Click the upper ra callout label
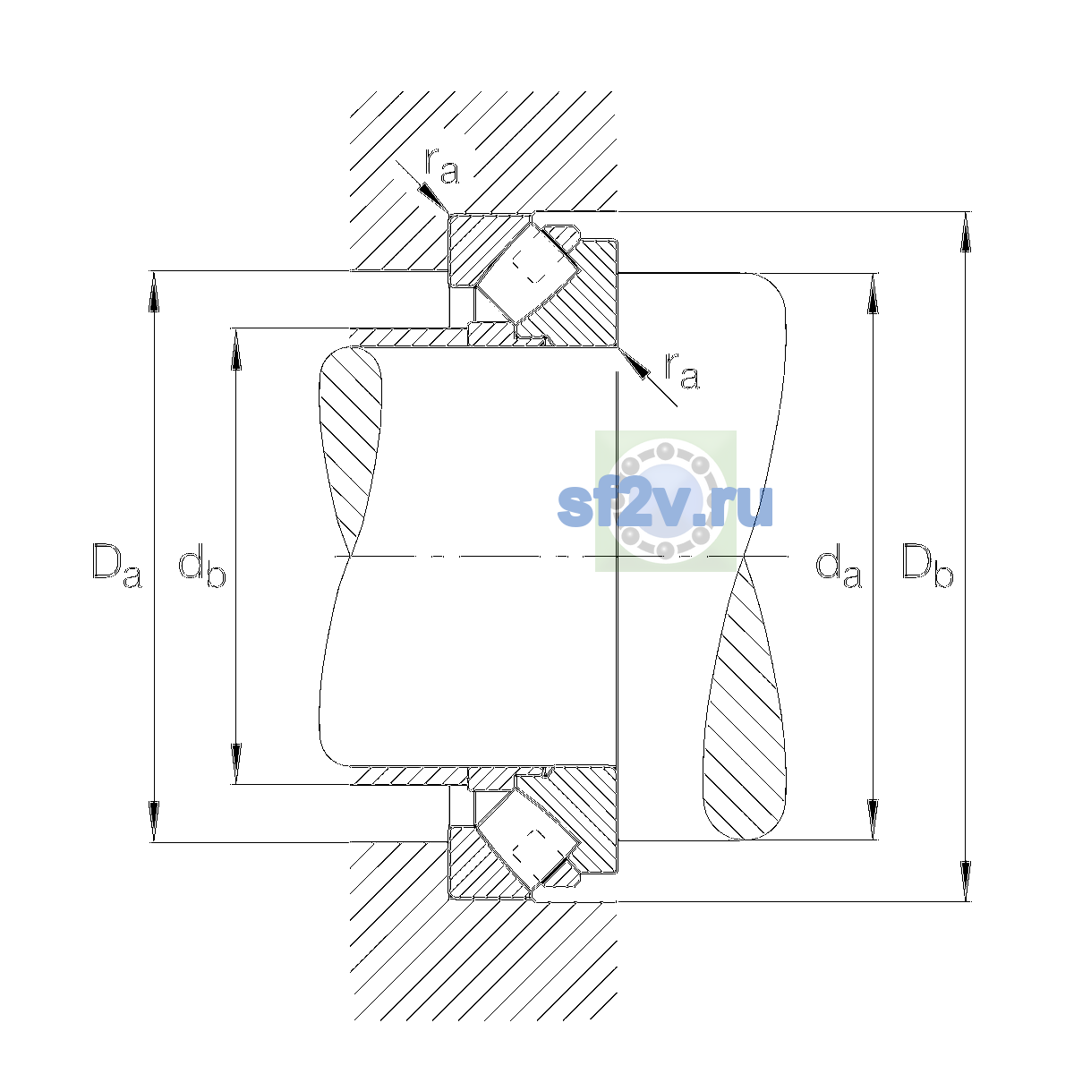click(442, 166)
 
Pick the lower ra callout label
click(682, 371)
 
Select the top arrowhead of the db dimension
click(236, 349)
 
